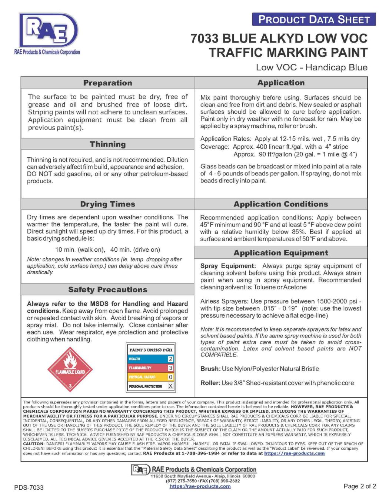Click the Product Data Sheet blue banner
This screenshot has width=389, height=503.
314,20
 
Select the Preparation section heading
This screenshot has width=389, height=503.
107,83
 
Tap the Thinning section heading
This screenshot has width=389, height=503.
107,144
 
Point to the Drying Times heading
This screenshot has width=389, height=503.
107,204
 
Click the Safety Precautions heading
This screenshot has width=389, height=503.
107,290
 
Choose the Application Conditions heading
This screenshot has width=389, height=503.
280,204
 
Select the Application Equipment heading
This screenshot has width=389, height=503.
280,253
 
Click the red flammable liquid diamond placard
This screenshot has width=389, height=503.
70,369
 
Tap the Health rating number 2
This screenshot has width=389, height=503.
170,359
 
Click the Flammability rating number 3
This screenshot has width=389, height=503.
170,368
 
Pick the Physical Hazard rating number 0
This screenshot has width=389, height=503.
170,377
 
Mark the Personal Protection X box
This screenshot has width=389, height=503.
170,386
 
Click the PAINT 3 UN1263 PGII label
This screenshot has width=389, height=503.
151,350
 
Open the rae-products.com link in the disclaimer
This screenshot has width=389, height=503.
294,453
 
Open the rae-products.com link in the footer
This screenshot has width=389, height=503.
200,486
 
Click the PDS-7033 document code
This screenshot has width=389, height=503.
29,487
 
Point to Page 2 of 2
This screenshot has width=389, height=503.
359,486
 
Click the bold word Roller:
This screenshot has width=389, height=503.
210,383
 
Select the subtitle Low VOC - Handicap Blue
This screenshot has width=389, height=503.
312,67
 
